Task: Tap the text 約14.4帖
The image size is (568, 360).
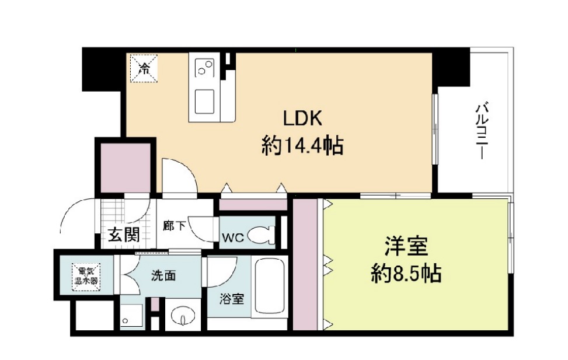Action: pyautogui.click(x=302, y=146)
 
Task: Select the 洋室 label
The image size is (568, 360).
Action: pyautogui.click(x=406, y=246)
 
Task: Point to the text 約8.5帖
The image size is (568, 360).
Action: pyautogui.click(x=406, y=272)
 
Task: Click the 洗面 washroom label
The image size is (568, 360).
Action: pyautogui.click(x=164, y=276)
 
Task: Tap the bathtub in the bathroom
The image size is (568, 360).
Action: pyautogui.click(x=269, y=288)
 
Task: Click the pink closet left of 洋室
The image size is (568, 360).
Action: pyautogui.click(x=304, y=265)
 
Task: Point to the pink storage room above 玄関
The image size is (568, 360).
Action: pyautogui.click(x=124, y=167)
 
